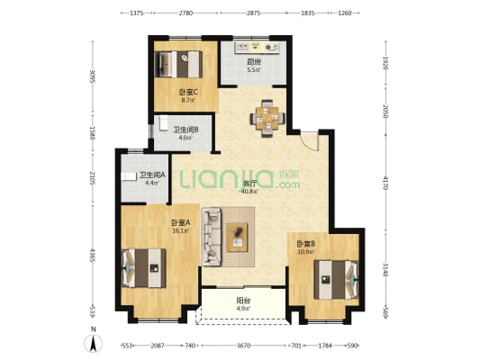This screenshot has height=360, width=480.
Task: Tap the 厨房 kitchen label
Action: (x=255, y=61)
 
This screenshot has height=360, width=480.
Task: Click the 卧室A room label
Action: (x=179, y=222)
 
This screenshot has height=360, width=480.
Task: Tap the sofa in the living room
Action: (x=213, y=236)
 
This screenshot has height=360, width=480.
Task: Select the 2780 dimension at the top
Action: (x=186, y=13)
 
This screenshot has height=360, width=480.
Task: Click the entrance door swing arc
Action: (x=309, y=140)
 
